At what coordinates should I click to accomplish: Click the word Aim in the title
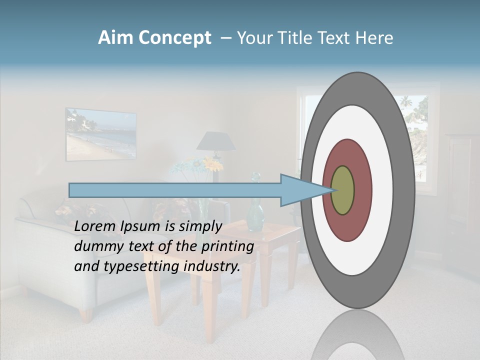coord(116,38)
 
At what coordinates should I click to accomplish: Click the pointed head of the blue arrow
coord(300,190)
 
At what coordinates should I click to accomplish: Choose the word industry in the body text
coord(212,266)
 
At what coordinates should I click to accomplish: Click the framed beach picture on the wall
coord(100,134)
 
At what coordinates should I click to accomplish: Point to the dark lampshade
coord(215,141)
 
